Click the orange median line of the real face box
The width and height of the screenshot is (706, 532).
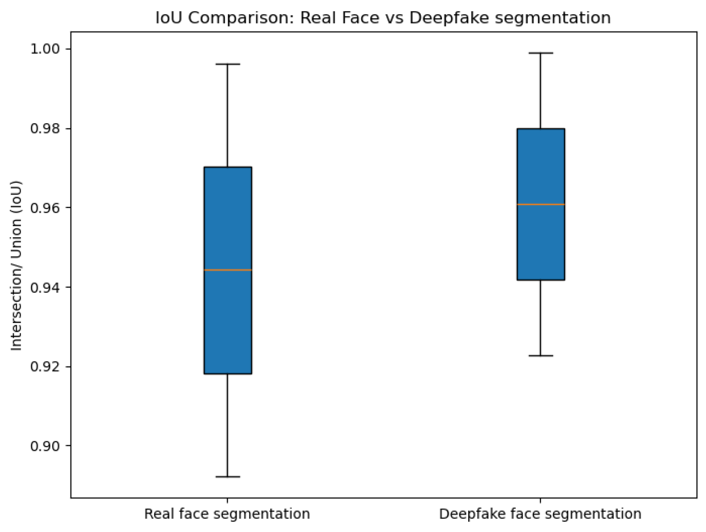click(x=228, y=270)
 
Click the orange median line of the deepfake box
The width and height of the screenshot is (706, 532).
click(x=541, y=204)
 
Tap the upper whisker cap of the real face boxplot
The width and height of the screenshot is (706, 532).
click(x=228, y=64)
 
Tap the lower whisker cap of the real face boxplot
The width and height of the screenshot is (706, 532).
click(x=228, y=477)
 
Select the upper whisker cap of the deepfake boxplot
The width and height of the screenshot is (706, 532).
click(x=541, y=53)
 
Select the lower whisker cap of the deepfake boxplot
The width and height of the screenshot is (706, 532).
click(x=541, y=356)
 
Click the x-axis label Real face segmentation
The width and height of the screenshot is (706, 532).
click(x=227, y=514)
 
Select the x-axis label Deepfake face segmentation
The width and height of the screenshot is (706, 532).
click(x=540, y=514)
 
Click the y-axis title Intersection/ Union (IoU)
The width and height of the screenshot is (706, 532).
click(x=16, y=266)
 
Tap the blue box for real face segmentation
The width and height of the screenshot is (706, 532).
click(x=228, y=321)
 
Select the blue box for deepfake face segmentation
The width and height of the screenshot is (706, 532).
click(x=541, y=242)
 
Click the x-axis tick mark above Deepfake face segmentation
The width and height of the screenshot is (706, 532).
click(x=541, y=500)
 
